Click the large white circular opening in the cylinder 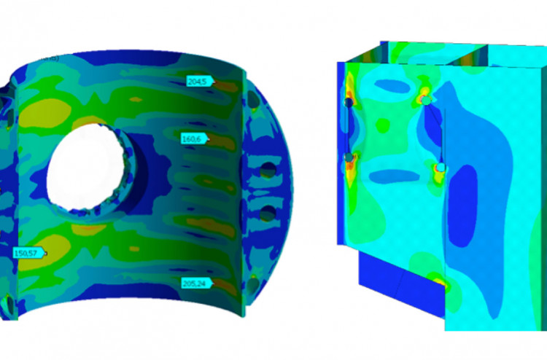click(86, 168)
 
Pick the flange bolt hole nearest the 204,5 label click(254, 100)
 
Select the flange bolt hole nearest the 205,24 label click(253, 285)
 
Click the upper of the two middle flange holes click(268, 170)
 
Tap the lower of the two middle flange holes click(268, 213)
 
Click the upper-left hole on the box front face click(349, 103)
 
